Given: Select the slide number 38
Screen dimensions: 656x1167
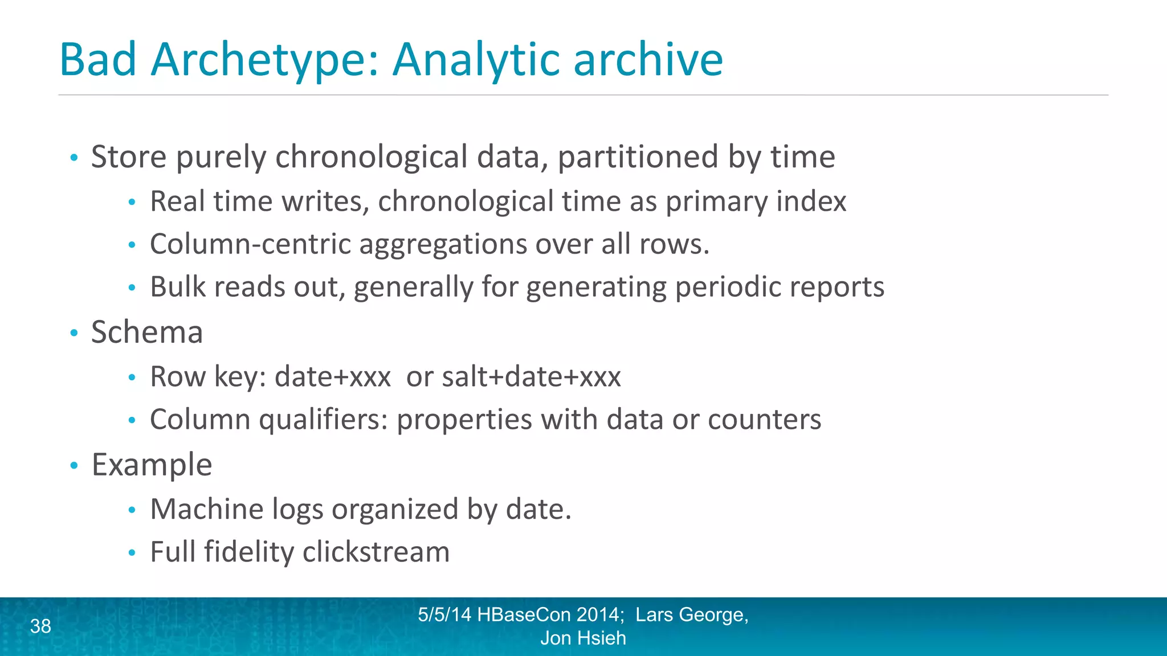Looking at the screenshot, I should point(40,626).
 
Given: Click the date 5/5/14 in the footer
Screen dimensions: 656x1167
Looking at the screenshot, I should point(444,615).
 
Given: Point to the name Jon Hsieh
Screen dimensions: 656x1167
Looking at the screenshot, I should point(583,638).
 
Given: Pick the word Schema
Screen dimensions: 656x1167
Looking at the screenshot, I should point(147,332).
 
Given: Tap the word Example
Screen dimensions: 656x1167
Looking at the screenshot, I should point(152,465).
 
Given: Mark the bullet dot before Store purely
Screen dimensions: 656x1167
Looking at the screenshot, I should point(74,157).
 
